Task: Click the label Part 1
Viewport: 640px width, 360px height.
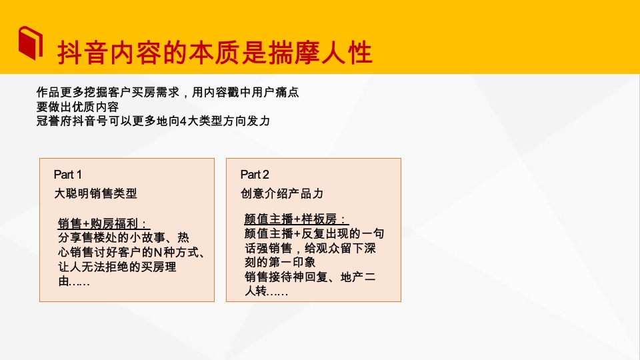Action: pos(68,175)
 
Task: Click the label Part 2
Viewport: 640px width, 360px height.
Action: pos(255,175)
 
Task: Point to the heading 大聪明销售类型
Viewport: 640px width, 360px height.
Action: pos(95,193)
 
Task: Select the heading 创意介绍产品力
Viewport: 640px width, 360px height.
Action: pos(282,193)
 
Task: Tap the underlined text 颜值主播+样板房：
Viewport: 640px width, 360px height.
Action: pos(297,219)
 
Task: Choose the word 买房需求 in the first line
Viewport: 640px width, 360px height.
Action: pos(156,93)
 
